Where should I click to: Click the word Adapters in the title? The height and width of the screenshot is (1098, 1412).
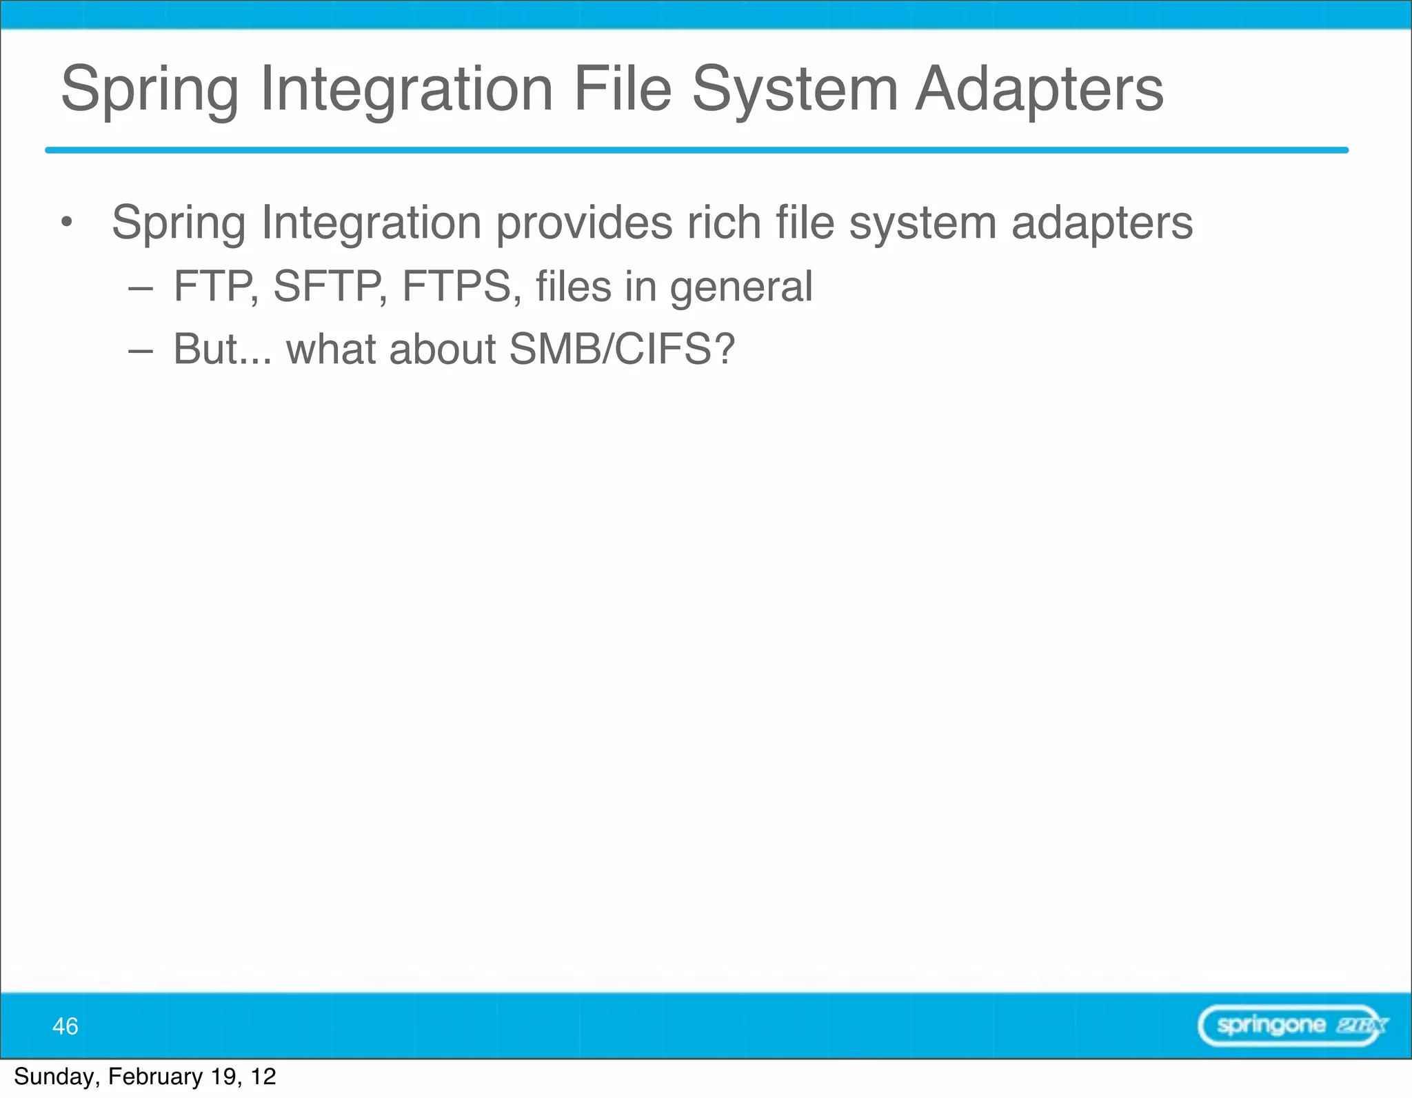[1039, 90]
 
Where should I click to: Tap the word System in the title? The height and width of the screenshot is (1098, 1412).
[794, 90]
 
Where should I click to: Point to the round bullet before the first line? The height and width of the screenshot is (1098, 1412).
[66, 222]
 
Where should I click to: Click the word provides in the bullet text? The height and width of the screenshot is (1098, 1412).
[584, 223]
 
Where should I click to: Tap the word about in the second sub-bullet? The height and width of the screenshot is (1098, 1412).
[441, 349]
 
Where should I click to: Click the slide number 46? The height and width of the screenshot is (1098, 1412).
[65, 1026]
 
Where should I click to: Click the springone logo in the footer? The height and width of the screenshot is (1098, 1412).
[1292, 1026]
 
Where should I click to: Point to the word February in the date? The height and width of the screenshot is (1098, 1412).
[155, 1077]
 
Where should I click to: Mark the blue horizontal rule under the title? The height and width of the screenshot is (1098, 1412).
[696, 150]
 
